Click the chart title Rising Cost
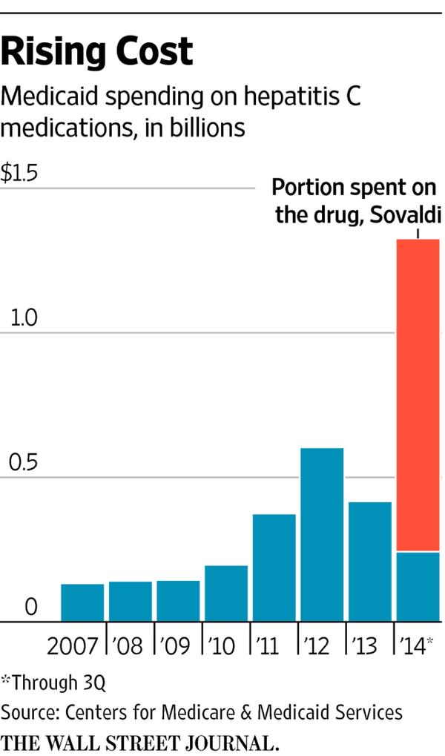click(x=96, y=53)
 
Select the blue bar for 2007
click(x=82, y=602)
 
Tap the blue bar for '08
click(x=131, y=601)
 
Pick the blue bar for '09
click(x=178, y=601)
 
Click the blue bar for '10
click(x=226, y=594)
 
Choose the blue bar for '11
click(x=274, y=568)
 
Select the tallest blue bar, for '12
click(x=322, y=534)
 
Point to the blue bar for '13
click(x=370, y=562)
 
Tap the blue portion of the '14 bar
click(x=418, y=586)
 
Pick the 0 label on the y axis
click(x=30, y=607)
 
